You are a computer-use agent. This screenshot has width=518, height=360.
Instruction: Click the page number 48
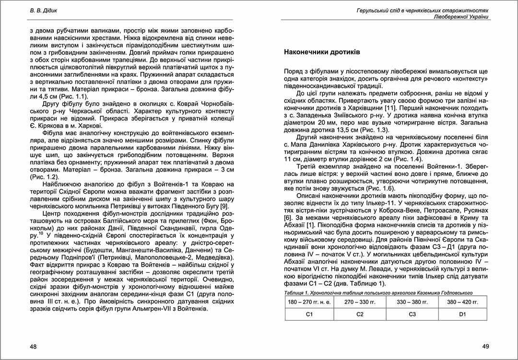33,346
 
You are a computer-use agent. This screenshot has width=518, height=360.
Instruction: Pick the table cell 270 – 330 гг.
359,302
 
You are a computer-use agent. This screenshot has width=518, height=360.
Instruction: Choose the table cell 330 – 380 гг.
411,302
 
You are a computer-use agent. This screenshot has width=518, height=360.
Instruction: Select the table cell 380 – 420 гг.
462,302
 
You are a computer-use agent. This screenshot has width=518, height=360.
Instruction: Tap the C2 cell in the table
359,314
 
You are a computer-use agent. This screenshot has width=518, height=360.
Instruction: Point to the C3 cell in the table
411,314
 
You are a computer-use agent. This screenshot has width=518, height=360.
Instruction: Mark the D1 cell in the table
462,314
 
